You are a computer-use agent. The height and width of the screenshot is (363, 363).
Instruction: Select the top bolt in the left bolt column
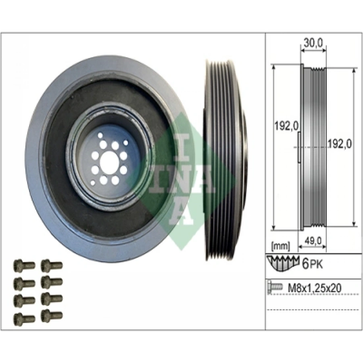[x=21, y=265]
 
